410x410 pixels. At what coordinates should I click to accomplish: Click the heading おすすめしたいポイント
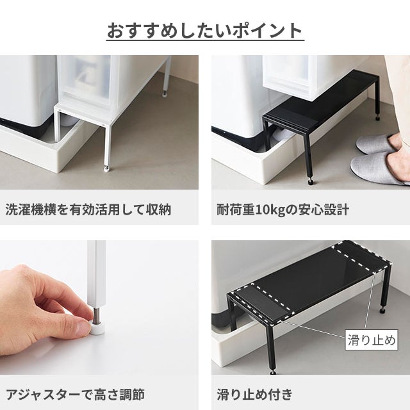pyautogui.click(x=205, y=31)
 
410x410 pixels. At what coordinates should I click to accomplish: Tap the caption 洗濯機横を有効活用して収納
pyautogui.click(x=88, y=209)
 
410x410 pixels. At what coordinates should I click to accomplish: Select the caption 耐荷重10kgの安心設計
pyautogui.click(x=283, y=209)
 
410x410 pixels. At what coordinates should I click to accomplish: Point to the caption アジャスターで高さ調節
pyautogui.click(x=76, y=395)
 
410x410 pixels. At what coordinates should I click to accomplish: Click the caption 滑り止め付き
pyautogui.click(x=254, y=395)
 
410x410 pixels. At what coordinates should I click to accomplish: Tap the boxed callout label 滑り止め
pyautogui.click(x=372, y=340)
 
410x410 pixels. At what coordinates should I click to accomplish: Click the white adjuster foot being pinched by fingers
pyautogui.click(x=97, y=327)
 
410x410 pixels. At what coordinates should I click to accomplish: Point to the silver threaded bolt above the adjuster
pyautogui.click(x=97, y=313)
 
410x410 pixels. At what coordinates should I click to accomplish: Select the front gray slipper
pyautogui.click(x=379, y=167)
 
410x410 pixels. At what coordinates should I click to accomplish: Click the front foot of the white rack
pyautogui.click(x=106, y=168)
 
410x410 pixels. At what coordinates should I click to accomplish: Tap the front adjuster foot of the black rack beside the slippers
pyautogui.click(x=311, y=181)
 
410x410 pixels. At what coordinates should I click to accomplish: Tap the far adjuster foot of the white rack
pyautogui.click(x=165, y=94)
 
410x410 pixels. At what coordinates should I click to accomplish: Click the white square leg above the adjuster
pyautogui.click(x=97, y=274)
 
